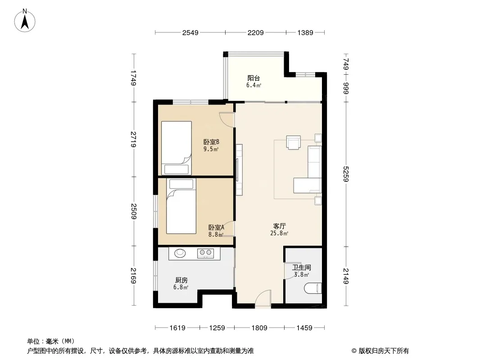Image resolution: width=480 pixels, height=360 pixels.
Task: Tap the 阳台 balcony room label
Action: tap(254, 78)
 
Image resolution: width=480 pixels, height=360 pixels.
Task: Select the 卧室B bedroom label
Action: tap(211, 142)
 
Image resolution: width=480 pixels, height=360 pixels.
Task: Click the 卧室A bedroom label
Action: tap(216, 228)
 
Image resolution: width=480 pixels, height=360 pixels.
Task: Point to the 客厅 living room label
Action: tap(279, 226)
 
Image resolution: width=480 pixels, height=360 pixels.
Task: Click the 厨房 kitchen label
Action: tap(181, 280)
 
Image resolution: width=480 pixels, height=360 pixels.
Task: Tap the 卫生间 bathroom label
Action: tap(302, 267)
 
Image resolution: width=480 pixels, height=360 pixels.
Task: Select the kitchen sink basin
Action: tap(180, 253)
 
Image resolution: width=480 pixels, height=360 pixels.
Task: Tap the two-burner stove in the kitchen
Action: tap(205, 253)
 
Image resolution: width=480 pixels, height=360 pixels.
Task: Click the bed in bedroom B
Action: tap(177, 148)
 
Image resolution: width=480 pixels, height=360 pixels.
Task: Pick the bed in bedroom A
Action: tap(181, 206)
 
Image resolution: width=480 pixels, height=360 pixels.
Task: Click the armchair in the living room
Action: tap(293, 142)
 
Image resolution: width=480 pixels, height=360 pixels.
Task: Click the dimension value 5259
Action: tap(346, 174)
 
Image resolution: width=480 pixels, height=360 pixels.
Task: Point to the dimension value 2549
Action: tap(190, 32)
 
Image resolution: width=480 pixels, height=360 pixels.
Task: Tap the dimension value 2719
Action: tap(133, 139)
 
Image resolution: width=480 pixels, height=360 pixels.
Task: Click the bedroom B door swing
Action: tap(226, 120)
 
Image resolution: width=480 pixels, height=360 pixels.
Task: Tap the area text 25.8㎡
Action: tap(279, 233)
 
